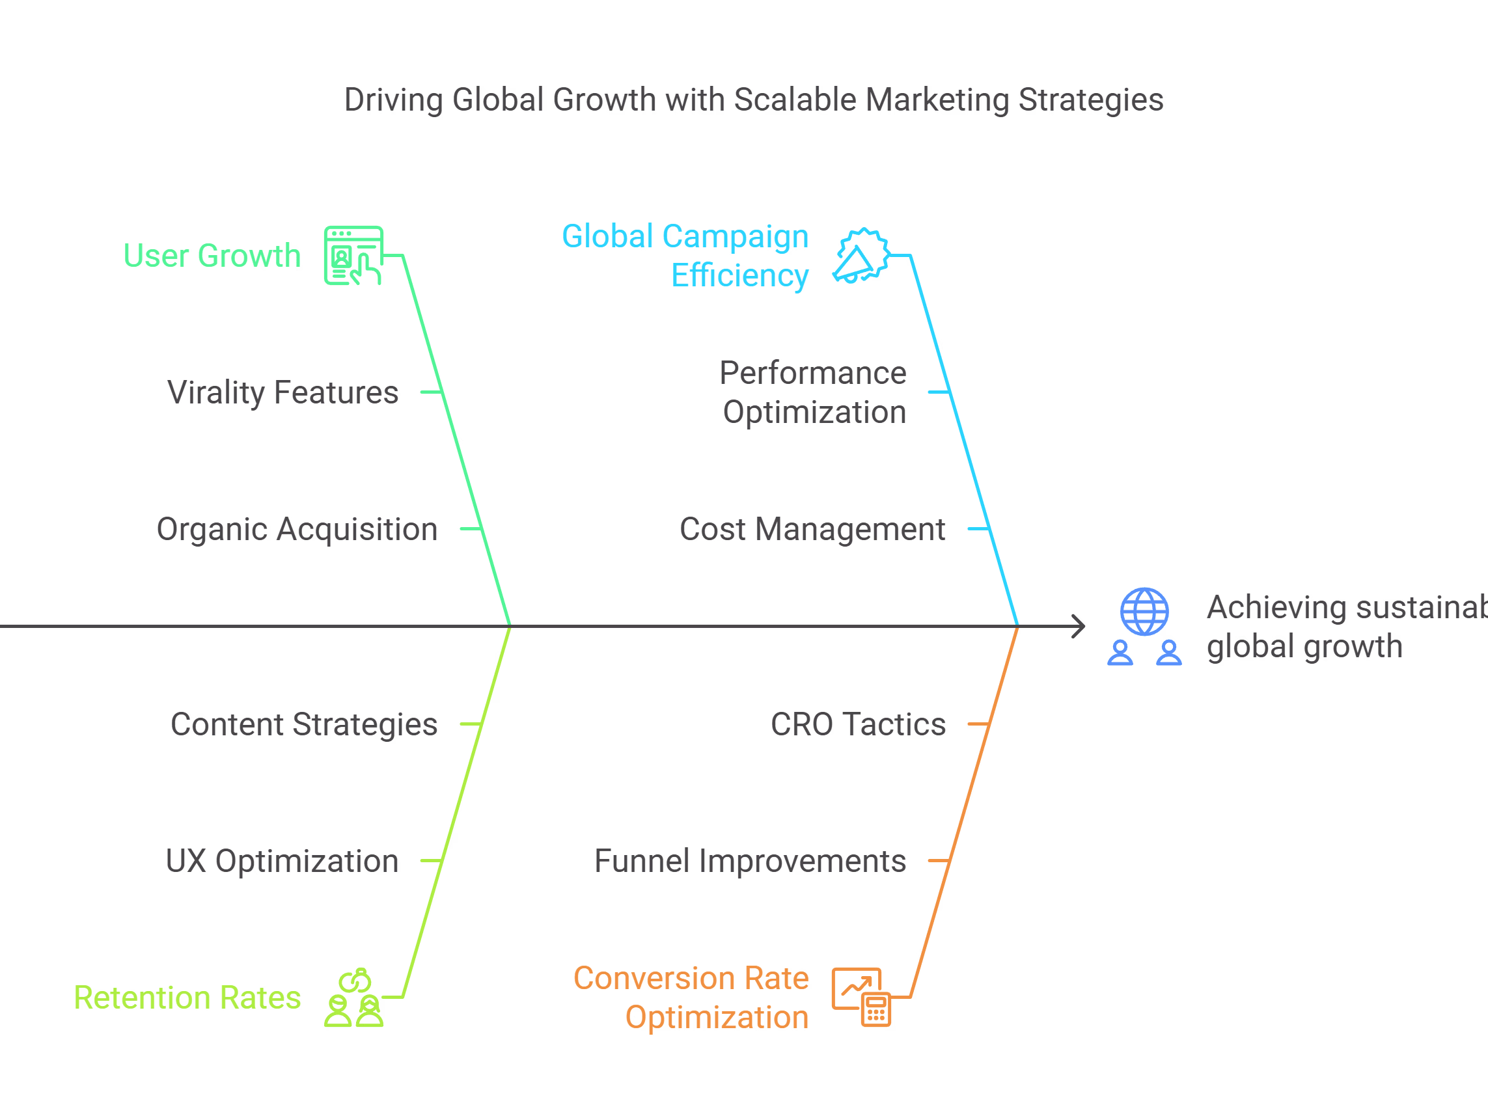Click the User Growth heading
[212, 256]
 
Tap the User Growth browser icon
[353, 256]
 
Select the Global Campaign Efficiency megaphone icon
[862, 256]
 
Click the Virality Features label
[282, 392]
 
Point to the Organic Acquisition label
[297, 530]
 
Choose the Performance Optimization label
[813, 392]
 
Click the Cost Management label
[812, 530]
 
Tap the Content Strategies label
[303, 724]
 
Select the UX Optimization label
[282, 861]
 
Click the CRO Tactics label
[858, 724]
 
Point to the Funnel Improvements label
[750, 861]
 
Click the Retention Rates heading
[187, 998]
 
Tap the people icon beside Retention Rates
[354, 998]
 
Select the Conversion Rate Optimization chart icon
[861, 998]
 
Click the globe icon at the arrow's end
[1144, 612]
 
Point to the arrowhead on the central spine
[1079, 626]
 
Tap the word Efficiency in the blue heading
[740, 276]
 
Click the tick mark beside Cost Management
[978, 529]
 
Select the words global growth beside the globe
[1304, 646]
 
